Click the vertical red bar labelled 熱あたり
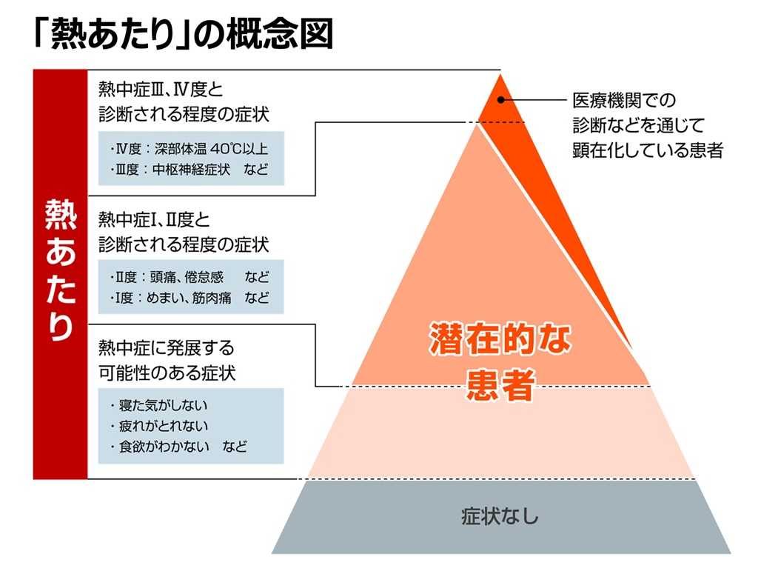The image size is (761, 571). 60,274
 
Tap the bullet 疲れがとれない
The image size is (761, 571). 158,426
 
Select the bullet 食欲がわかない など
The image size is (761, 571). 178,447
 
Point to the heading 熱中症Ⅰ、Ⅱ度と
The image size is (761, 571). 154,219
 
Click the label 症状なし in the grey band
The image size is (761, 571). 500,516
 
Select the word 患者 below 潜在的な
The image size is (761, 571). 500,386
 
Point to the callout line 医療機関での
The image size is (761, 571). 624,99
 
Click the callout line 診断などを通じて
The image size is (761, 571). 639,124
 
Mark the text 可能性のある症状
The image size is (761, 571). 167,373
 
